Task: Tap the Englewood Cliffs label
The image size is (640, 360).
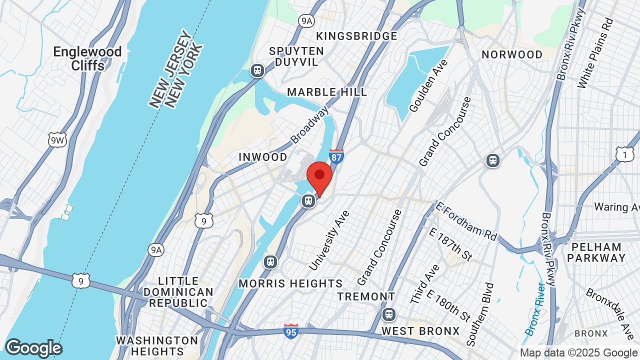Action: coord(87,58)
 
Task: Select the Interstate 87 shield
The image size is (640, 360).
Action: coord(336,156)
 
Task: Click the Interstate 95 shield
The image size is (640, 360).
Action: coord(291,331)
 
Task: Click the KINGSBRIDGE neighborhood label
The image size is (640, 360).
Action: coord(356,36)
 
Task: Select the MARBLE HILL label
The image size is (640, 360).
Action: coord(327,92)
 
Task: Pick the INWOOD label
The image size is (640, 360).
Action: coord(263,157)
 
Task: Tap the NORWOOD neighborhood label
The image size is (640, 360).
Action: coord(512,54)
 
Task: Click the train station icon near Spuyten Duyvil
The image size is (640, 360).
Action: coord(257,70)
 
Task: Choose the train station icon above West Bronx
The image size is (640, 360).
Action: coord(388,314)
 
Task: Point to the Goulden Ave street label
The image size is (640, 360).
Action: coord(428,85)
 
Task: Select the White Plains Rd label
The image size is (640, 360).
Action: coord(595,53)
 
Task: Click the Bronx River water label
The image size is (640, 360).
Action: coord(534,308)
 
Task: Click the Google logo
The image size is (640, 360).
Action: coord(33,348)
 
